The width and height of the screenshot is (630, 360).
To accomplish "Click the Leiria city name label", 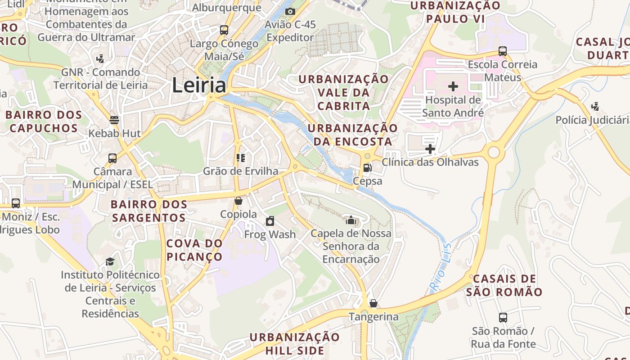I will coord(199,85).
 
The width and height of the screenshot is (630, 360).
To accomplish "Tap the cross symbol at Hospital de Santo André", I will coord(453,86).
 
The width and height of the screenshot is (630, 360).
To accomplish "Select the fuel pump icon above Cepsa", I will coord(367,168).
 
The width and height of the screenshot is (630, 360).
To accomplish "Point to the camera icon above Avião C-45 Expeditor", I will coord(290,11).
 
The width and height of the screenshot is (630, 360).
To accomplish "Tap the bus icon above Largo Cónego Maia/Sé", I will coord(224,30).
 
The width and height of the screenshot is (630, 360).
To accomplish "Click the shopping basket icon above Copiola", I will coord(238,201).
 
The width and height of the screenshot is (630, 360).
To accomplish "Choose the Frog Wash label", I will coord(270,234).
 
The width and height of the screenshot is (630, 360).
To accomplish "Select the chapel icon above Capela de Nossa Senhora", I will coord(351,220).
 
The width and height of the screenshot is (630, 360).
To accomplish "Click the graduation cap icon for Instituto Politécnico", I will coord(110,261).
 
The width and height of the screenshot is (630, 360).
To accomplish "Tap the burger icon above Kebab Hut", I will coord(114,120).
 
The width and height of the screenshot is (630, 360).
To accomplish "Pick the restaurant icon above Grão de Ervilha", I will coord(240,157).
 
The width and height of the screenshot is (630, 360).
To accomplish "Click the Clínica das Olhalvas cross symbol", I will coord(430,148).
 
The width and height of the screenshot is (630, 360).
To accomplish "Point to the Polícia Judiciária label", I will coord(592,120).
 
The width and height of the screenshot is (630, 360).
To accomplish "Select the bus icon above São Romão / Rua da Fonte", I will coord(503,318).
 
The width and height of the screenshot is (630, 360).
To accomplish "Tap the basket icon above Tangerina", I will coord(373,303).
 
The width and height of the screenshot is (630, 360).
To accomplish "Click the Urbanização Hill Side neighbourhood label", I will coord(295,344).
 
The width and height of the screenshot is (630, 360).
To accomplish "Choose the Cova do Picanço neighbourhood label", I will coord(194,250).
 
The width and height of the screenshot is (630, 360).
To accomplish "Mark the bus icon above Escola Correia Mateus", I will coord(503,51).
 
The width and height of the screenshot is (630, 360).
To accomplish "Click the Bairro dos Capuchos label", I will coord(44,121).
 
